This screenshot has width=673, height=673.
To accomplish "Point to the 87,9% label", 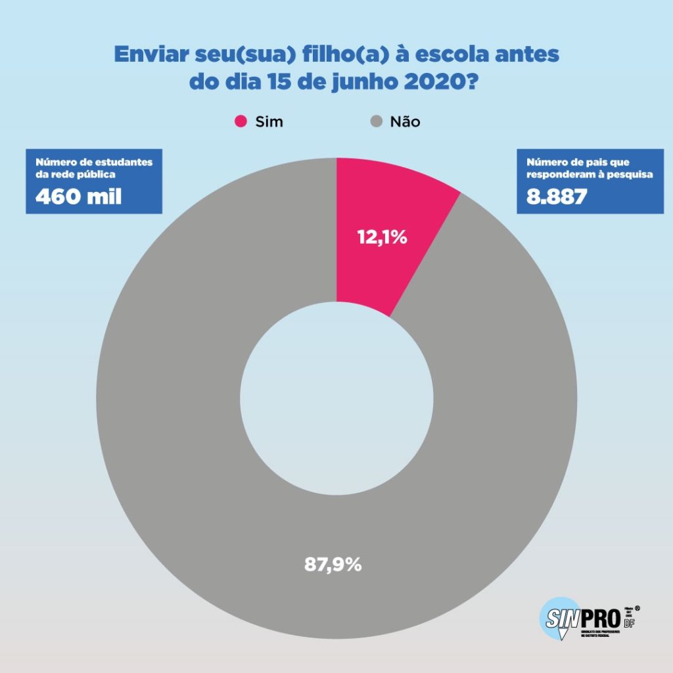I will pos(333,564).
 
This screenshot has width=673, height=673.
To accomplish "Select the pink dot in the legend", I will pos(241,122).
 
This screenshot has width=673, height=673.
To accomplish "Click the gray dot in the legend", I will pos(377,122).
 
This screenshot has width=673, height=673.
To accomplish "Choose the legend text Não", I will pos(405,122).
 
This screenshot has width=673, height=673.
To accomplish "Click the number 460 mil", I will pos(78,196).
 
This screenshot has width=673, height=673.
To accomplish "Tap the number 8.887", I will pos(557,196).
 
